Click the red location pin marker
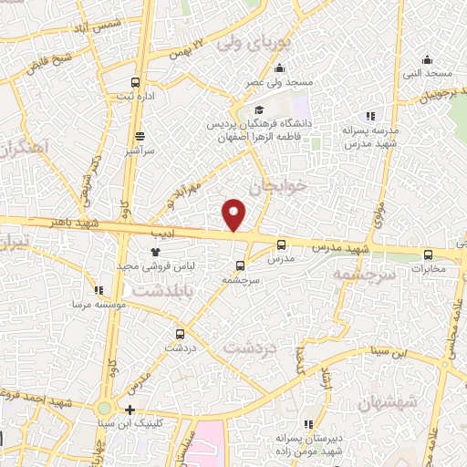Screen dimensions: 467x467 coord(234,214)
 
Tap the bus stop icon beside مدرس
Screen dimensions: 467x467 coord(280,244)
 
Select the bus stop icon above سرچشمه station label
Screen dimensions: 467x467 coord(240,266)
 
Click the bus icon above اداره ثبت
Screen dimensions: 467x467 coord(136,81)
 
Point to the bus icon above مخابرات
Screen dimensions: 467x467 coord(429,255)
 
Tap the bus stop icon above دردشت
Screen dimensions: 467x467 coord(180,334)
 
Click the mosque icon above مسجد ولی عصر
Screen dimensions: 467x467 coord(279,68)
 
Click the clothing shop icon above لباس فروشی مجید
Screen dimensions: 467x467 coord(153,252)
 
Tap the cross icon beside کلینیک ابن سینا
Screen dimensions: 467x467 coord(130,410)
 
